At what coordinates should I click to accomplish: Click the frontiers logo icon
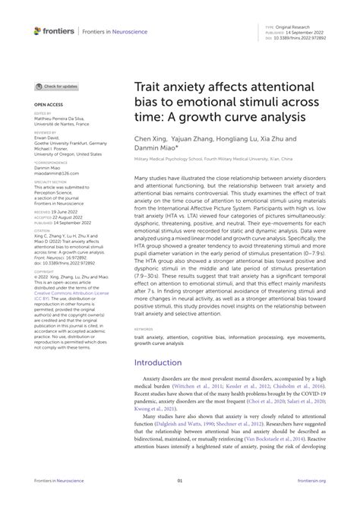pos(38,30)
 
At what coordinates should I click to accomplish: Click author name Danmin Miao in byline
pos(157,150)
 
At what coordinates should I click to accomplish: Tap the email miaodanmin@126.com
pos(55,172)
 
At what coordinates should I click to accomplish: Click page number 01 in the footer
pos(180,501)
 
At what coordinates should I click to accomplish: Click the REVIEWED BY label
pos(46,131)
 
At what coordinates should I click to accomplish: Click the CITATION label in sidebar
pos(43,210)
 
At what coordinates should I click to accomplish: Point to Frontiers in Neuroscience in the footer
pos(57,501)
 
